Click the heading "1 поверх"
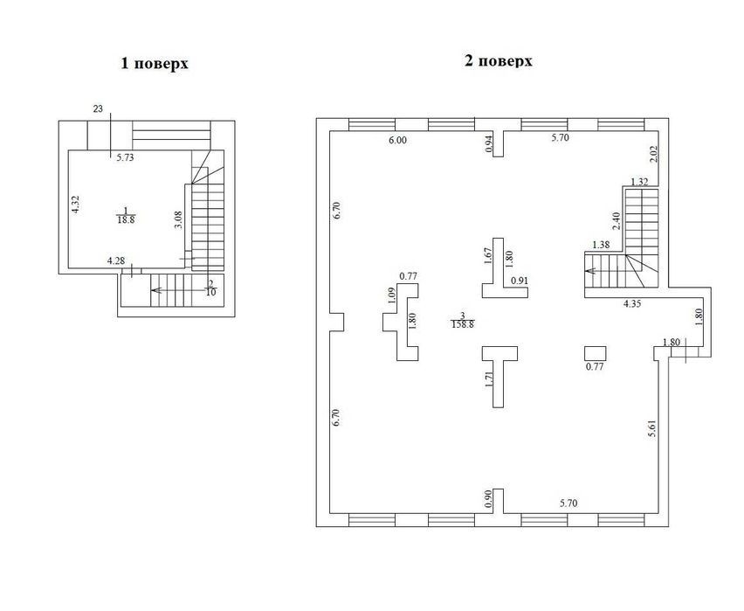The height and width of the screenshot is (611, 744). pos(155,64)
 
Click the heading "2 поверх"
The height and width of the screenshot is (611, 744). pos(499,61)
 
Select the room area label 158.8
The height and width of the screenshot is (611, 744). pos(463,324)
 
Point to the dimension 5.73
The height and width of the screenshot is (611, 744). pos(125,157)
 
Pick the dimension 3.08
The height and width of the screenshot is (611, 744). pos(178,220)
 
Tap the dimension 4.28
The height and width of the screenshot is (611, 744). pos(116,260)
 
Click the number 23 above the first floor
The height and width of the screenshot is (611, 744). pos(98,109)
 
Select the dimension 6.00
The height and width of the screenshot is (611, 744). pos(397,140)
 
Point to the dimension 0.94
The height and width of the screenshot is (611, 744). pos(489,143)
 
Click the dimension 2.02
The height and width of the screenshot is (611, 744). pos(653,154)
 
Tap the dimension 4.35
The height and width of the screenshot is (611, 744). pos(632,304)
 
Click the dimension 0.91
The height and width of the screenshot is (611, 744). pos(520,281)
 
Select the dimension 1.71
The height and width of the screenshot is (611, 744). pos(489,380)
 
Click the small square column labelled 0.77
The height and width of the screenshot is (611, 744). pos(595,353)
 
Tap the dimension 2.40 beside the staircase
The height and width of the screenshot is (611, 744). pos(616,221)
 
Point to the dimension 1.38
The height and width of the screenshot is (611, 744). pos(601,245)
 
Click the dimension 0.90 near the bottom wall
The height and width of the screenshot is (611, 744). pos(489,498)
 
